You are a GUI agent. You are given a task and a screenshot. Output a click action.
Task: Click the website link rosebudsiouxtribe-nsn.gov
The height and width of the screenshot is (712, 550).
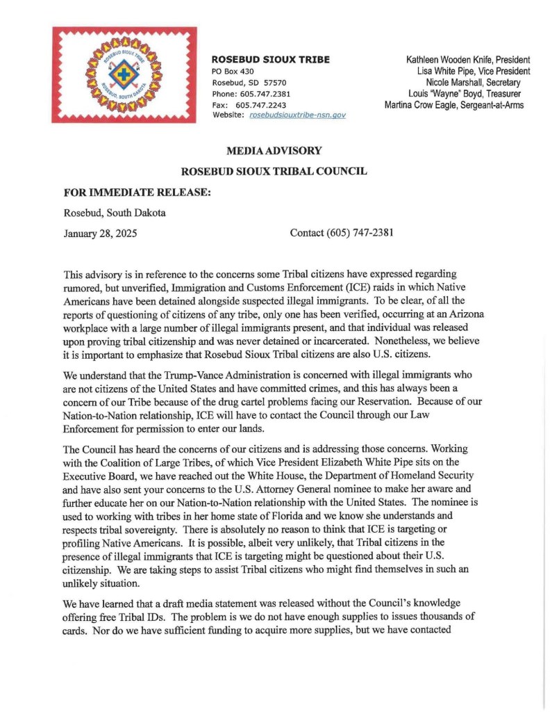297,115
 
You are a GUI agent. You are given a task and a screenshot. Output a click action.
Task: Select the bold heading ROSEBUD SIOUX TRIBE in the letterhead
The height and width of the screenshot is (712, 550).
270,59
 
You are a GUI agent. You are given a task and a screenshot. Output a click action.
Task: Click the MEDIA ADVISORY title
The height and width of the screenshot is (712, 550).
274,151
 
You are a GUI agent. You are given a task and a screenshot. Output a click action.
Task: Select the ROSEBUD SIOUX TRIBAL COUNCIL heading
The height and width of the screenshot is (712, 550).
274,171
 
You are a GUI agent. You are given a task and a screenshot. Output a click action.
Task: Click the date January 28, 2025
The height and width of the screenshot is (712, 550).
100,233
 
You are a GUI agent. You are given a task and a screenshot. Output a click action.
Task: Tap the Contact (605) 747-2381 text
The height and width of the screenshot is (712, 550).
342,233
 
